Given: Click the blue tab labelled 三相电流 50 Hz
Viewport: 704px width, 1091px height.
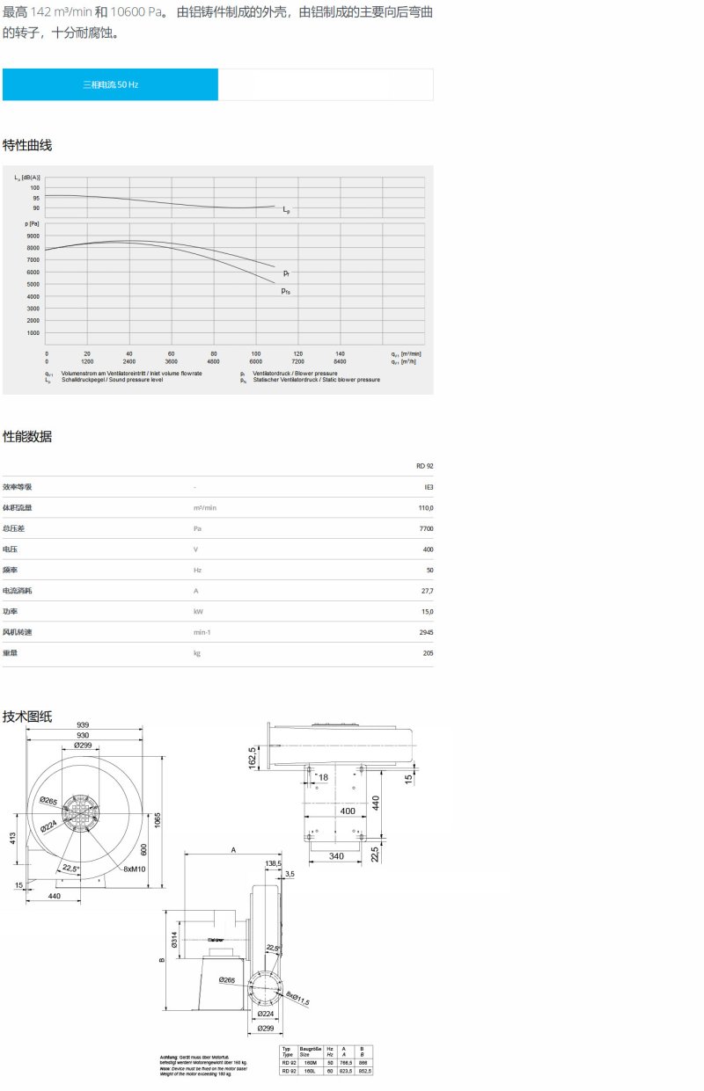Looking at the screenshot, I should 110,85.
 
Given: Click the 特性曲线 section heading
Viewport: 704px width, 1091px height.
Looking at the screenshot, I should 27,145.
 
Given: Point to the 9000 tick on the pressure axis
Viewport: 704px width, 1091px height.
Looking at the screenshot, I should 33,236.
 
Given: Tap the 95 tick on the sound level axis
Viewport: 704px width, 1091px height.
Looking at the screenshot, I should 35,198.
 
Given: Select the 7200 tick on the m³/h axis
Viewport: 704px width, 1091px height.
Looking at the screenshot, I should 297,361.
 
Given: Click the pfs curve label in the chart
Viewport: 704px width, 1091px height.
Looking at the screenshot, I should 286,291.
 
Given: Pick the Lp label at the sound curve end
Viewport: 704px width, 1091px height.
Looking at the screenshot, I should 287,211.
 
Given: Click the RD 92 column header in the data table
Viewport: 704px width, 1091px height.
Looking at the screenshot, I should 424,466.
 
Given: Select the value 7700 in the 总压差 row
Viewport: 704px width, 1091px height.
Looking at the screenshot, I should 426,528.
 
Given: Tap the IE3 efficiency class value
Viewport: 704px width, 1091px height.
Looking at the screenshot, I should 428,487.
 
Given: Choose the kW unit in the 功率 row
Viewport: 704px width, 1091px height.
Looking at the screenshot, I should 198,611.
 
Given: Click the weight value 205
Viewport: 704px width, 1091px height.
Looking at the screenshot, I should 427,652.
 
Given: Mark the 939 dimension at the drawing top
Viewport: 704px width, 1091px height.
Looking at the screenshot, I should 84,725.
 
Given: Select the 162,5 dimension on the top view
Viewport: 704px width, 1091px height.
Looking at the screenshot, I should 252,756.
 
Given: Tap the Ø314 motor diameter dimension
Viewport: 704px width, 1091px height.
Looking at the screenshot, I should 173,941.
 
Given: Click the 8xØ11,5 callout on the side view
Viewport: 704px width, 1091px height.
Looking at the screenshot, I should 298,998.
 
